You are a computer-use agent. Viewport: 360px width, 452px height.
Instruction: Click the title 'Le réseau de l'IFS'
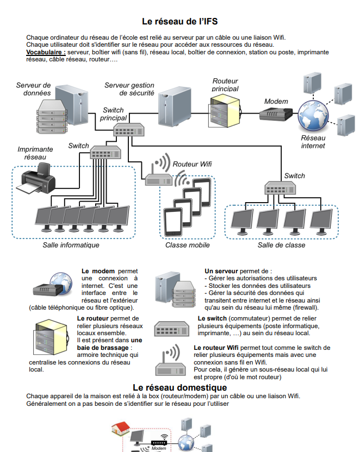coord(179,22)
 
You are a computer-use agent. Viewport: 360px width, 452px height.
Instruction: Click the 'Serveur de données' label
coord(33,89)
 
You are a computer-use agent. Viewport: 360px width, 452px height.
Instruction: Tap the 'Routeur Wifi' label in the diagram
coord(192,164)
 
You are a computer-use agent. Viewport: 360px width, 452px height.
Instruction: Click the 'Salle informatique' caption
coord(71,245)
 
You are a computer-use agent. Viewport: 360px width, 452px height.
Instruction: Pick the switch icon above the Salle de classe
coord(280,188)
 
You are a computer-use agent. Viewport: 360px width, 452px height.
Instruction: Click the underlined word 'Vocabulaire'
coord(45,53)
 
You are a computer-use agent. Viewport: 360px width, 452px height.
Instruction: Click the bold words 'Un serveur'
coord(221,271)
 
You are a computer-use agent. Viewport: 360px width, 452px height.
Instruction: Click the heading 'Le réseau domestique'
coord(179,387)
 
